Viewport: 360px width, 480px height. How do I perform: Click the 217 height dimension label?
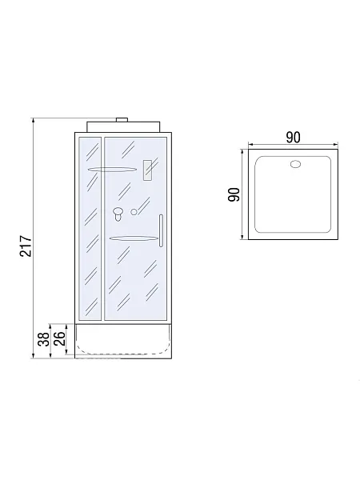[26, 246]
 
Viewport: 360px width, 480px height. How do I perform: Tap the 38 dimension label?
[44, 339]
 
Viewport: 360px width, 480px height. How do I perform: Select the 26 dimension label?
[60, 338]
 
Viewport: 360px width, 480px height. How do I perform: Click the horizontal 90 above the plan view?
[294, 138]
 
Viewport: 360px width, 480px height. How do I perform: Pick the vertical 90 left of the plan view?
[234, 194]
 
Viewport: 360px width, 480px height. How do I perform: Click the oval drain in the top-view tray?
[295, 164]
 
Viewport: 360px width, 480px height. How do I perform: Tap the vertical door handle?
[161, 230]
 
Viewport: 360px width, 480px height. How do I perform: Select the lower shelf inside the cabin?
[134, 238]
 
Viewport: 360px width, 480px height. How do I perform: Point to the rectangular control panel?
[147, 170]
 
